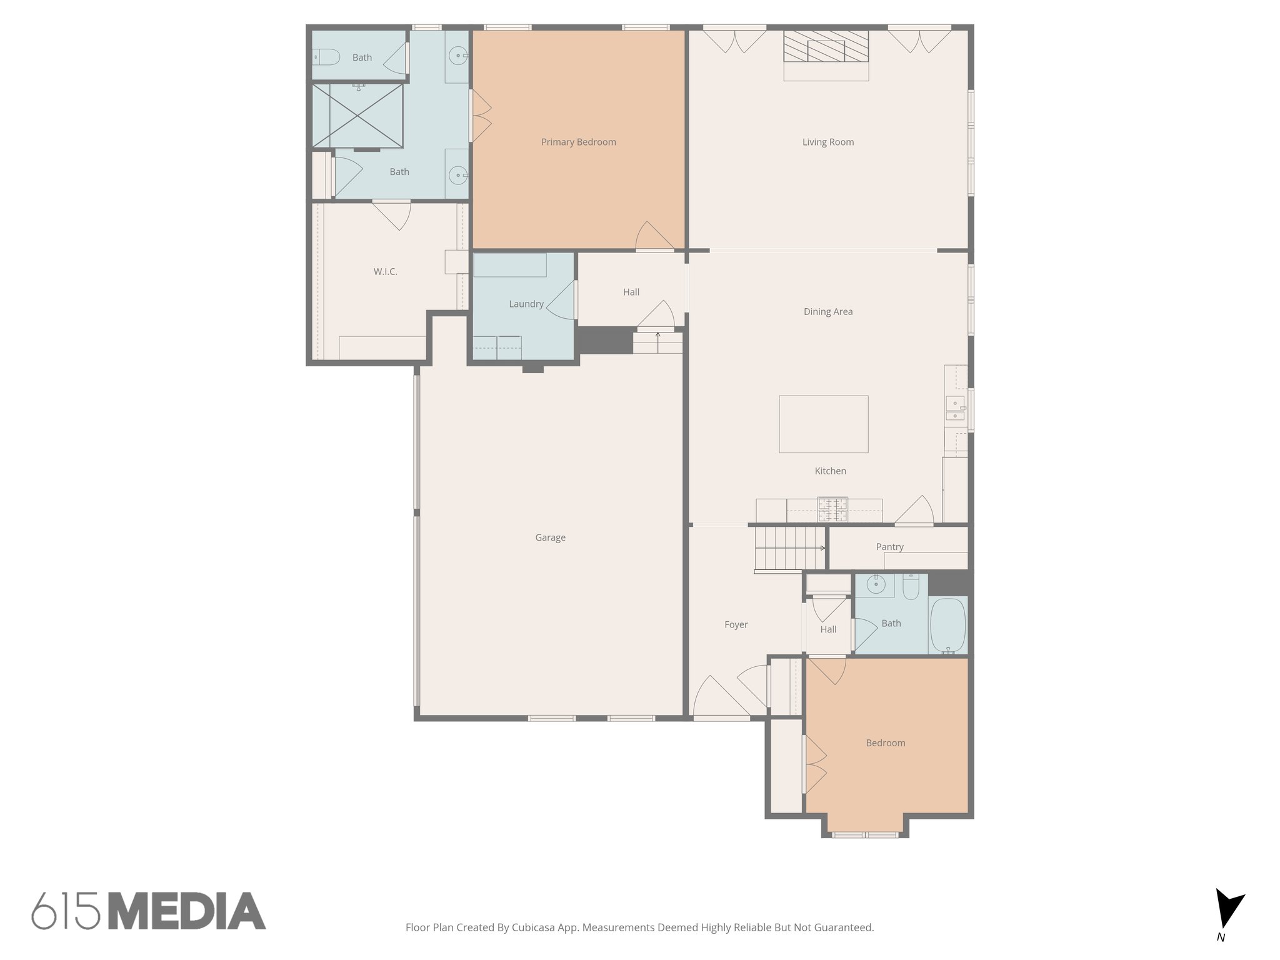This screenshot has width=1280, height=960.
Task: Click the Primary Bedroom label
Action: click(x=578, y=142)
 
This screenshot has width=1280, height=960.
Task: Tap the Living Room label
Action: click(x=827, y=142)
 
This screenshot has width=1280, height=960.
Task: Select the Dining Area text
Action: click(x=827, y=312)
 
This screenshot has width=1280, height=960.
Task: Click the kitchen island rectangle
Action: click(x=823, y=424)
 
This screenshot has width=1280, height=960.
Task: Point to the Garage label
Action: click(x=550, y=537)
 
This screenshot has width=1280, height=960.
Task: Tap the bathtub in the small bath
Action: click(x=947, y=625)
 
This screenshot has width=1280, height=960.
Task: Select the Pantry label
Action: click(x=889, y=547)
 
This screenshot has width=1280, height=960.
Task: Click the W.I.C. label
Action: click(x=385, y=272)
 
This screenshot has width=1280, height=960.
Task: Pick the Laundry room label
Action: click(x=526, y=304)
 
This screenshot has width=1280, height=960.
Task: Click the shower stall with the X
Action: click(x=357, y=116)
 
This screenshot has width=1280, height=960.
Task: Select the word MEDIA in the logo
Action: click(x=187, y=911)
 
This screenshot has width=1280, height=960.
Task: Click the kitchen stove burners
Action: click(x=833, y=509)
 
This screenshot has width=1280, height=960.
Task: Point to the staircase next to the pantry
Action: click(x=789, y=548)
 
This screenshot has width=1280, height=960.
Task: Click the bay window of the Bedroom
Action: click(x=865, y=834)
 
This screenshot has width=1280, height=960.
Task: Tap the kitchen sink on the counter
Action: click(x=954, y=409)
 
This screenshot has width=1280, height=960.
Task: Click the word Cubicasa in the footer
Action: click(x=536, y=927)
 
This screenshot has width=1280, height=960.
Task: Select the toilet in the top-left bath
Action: click(x=325, y=57)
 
